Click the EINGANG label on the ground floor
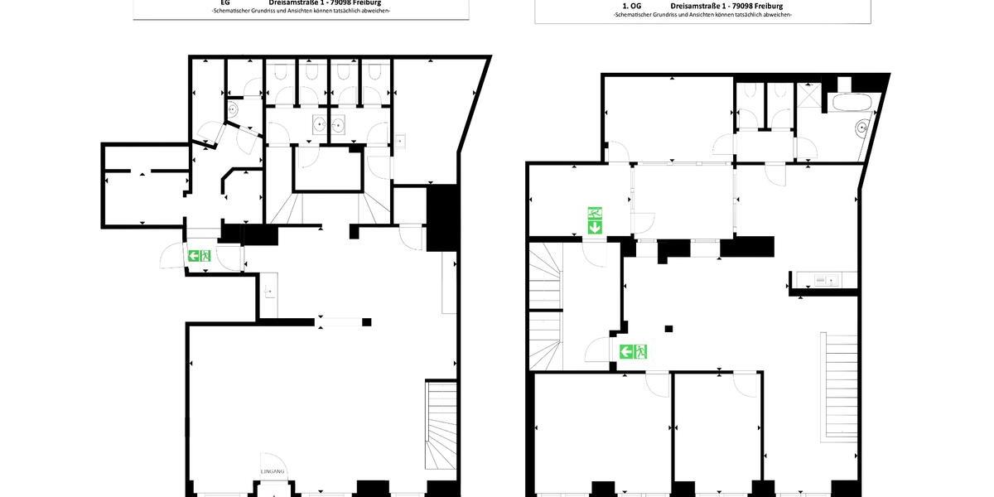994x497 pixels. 273,471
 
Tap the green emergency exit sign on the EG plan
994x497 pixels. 199,255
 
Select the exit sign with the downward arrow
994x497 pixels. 595,220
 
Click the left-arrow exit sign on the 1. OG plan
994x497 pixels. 634,351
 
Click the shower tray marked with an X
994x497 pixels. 808,97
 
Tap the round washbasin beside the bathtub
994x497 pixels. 862,128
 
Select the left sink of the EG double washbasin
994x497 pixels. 319,126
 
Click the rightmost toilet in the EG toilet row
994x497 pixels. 374,73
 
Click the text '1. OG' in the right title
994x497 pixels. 631,6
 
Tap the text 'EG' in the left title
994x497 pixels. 224,2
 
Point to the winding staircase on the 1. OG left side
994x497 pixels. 547,306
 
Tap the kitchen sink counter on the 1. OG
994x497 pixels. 823,280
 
